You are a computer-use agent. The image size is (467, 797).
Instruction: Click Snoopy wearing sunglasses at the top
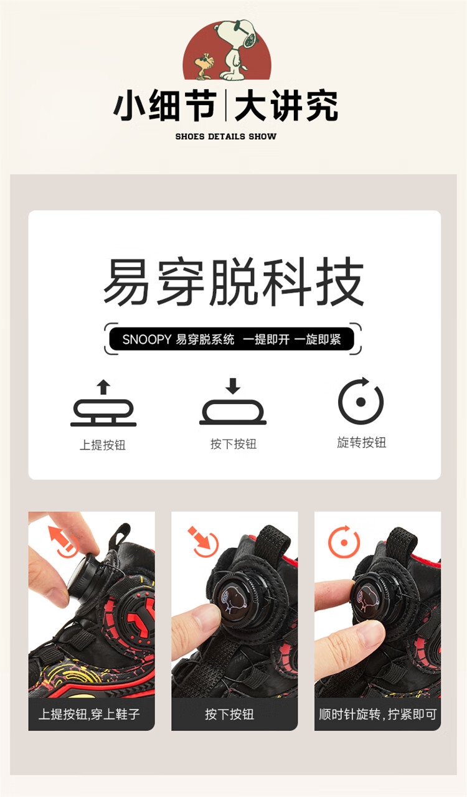[x=237, y=49]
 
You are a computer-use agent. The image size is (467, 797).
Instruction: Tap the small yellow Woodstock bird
[x=204, y=65]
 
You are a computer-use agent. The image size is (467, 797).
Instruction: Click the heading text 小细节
[x=165, y=106]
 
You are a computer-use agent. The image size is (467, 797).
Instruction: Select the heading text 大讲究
[x=286, y=106]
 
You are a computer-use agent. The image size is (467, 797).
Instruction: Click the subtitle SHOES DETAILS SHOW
[x=225, y=136]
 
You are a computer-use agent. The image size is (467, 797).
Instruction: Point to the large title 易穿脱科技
[x=233, y=281]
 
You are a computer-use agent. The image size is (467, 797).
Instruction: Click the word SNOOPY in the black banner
[x=147, y=339]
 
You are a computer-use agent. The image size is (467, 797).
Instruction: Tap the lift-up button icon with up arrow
[x=103, y=403]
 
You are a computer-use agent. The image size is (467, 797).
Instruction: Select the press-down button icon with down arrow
[x=233, y=402]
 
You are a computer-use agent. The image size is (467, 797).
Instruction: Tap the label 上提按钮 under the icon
[x=103, y=445]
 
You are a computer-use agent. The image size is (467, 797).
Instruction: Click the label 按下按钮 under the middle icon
[x=233, y=444]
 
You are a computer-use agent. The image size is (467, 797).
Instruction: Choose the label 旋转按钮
[x=362, y=443]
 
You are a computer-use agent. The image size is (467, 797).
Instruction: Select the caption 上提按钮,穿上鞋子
[x=89, y=714]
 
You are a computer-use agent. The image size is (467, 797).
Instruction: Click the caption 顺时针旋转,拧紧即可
[x=378, y=714]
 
